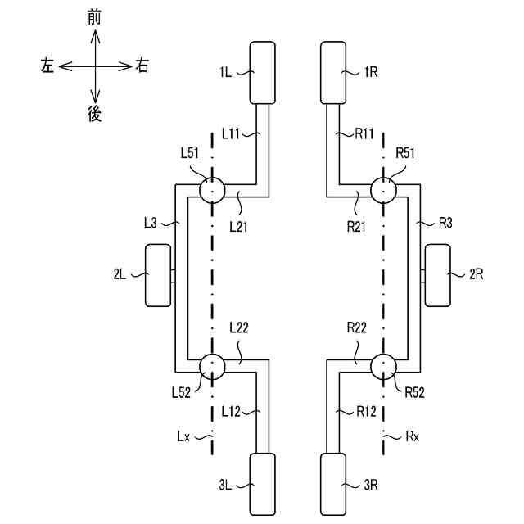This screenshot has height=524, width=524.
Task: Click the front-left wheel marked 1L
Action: pos(263,72)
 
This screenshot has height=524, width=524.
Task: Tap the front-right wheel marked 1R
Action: pos(334,72)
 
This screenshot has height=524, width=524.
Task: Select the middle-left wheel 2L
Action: pos(158,276)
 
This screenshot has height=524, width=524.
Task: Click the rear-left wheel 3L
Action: pos(263,485)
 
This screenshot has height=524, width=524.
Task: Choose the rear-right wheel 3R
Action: pos(334,485)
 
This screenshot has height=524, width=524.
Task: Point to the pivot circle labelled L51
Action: pos(211,191)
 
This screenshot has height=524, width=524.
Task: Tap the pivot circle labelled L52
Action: pos(211,365)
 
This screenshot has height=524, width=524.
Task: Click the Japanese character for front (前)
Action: pos(95,16)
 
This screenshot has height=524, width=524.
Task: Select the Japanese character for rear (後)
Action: pos(95,115)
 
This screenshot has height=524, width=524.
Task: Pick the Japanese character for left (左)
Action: pos(47,66)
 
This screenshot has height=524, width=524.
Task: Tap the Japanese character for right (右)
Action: pos(142,66)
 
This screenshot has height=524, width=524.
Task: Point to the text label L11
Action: pos(232,133)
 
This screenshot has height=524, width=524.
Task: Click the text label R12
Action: pos(365,411)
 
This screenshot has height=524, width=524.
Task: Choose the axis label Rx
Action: pos(412,436)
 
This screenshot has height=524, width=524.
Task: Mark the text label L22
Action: pos(239,328)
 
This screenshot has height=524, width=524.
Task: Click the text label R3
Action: pos(445,222)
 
